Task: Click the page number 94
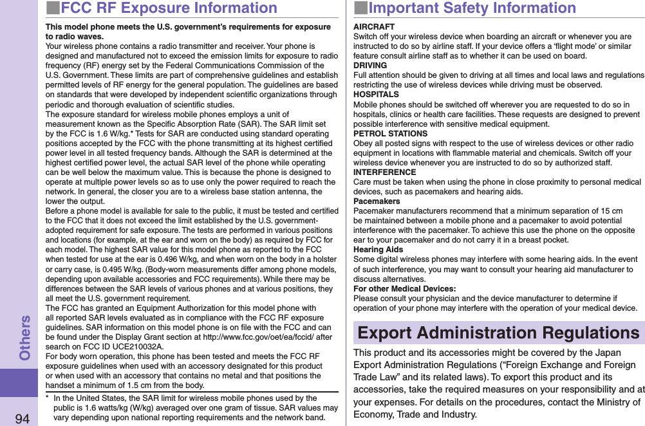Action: click(22, 418)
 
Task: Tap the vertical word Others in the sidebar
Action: click(24, 337)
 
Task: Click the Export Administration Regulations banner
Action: click(498, 333)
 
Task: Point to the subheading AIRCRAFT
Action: click(374, 27)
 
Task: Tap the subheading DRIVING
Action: click(370, 66)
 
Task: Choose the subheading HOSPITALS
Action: click(376, 95)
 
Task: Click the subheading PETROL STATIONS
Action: click(390, 134)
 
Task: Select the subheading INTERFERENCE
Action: click(385, 172)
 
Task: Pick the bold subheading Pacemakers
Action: click(377, 201)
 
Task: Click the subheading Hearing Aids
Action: click(379, 250)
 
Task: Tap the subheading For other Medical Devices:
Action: click(405, 289)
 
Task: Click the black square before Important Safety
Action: click(360, 8)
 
